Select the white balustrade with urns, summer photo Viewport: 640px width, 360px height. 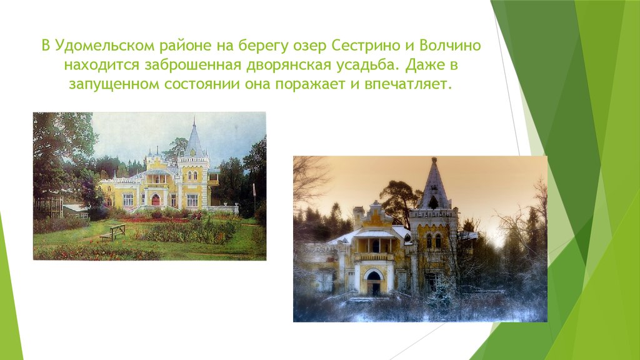221,208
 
